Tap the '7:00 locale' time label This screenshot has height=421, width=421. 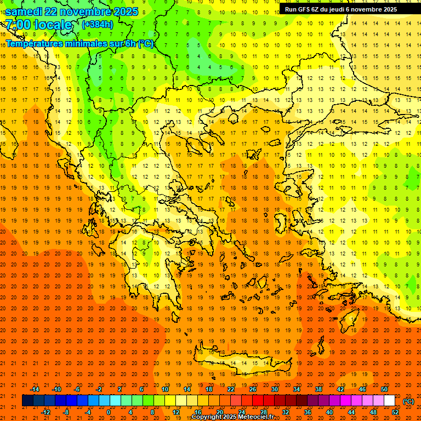pyautogui.click(x=38, y=25)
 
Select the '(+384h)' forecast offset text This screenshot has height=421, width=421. pyautogui.click(x=98, y=25)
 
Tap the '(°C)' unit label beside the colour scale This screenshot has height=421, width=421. pyautogui.click(x=408, y=401)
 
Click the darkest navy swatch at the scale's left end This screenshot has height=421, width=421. pyautogui.click(x=27, y=401)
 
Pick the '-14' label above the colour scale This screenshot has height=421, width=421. pyautogui.click(x=35, y=389)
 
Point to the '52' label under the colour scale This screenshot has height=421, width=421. pyautogui.click(x=395, y=412)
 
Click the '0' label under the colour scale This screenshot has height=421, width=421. pyautogui.click(x=109, y=412)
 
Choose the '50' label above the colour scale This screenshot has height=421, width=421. pyautogui.click(x=384, y=389)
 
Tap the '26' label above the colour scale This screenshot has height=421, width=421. pyautogui.click(x=253, y=389)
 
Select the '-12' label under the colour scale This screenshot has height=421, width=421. pyautogui.click(x=45, y=412)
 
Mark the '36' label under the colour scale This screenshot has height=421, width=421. pyautogui.click(x=307, y=412)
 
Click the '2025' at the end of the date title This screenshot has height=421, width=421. pyautogui.click(x=122, y=12)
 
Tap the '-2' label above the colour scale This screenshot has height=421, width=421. pyautogui.click(x=99, y=389)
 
